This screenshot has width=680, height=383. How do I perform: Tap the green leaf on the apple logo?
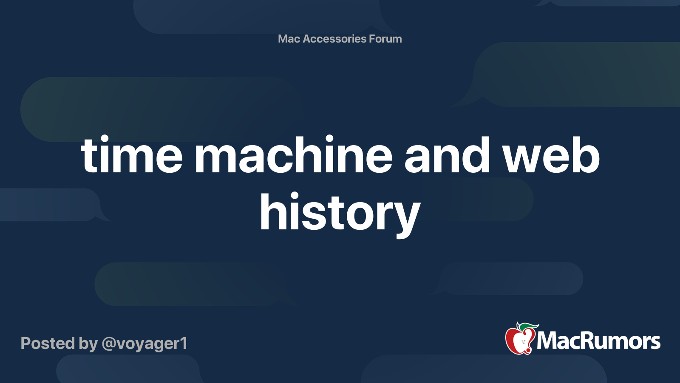(529, 327)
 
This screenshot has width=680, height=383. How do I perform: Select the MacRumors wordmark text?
(598, 341)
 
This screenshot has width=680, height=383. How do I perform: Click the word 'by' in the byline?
(88, 345)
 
